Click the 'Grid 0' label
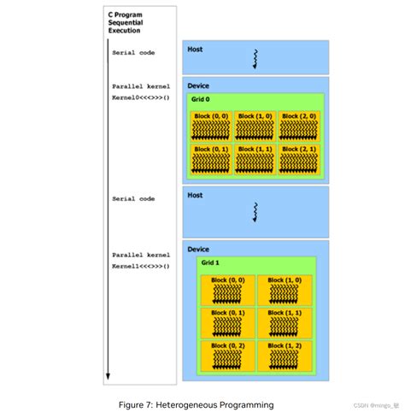click(x=200, y=99)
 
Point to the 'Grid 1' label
click(x=211, y=262)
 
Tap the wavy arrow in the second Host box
click(x=255, y=211)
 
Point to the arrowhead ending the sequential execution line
click(x=108, y=377)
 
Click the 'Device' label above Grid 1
click(x=197, y=249)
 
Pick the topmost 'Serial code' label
click(x=133, y=53)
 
